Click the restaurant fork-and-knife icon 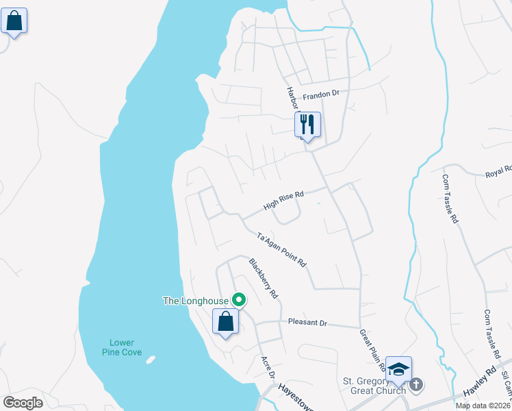(x=307, y=125)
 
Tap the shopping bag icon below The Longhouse (x=225, y=322)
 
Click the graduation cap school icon (x=398, y=369)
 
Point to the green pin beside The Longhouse (x=239, y=300)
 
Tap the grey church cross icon (x=417, y=386)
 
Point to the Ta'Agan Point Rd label (x=281, y=250)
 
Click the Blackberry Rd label (x=264, y=279)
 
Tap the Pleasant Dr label (x=308, y=322)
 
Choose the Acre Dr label (x=268, y=367)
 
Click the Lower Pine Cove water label (x=122, y=347)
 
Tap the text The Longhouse (x=196, y=300)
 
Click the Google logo (x=23, y=402)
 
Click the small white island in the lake (x=151, y=359)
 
